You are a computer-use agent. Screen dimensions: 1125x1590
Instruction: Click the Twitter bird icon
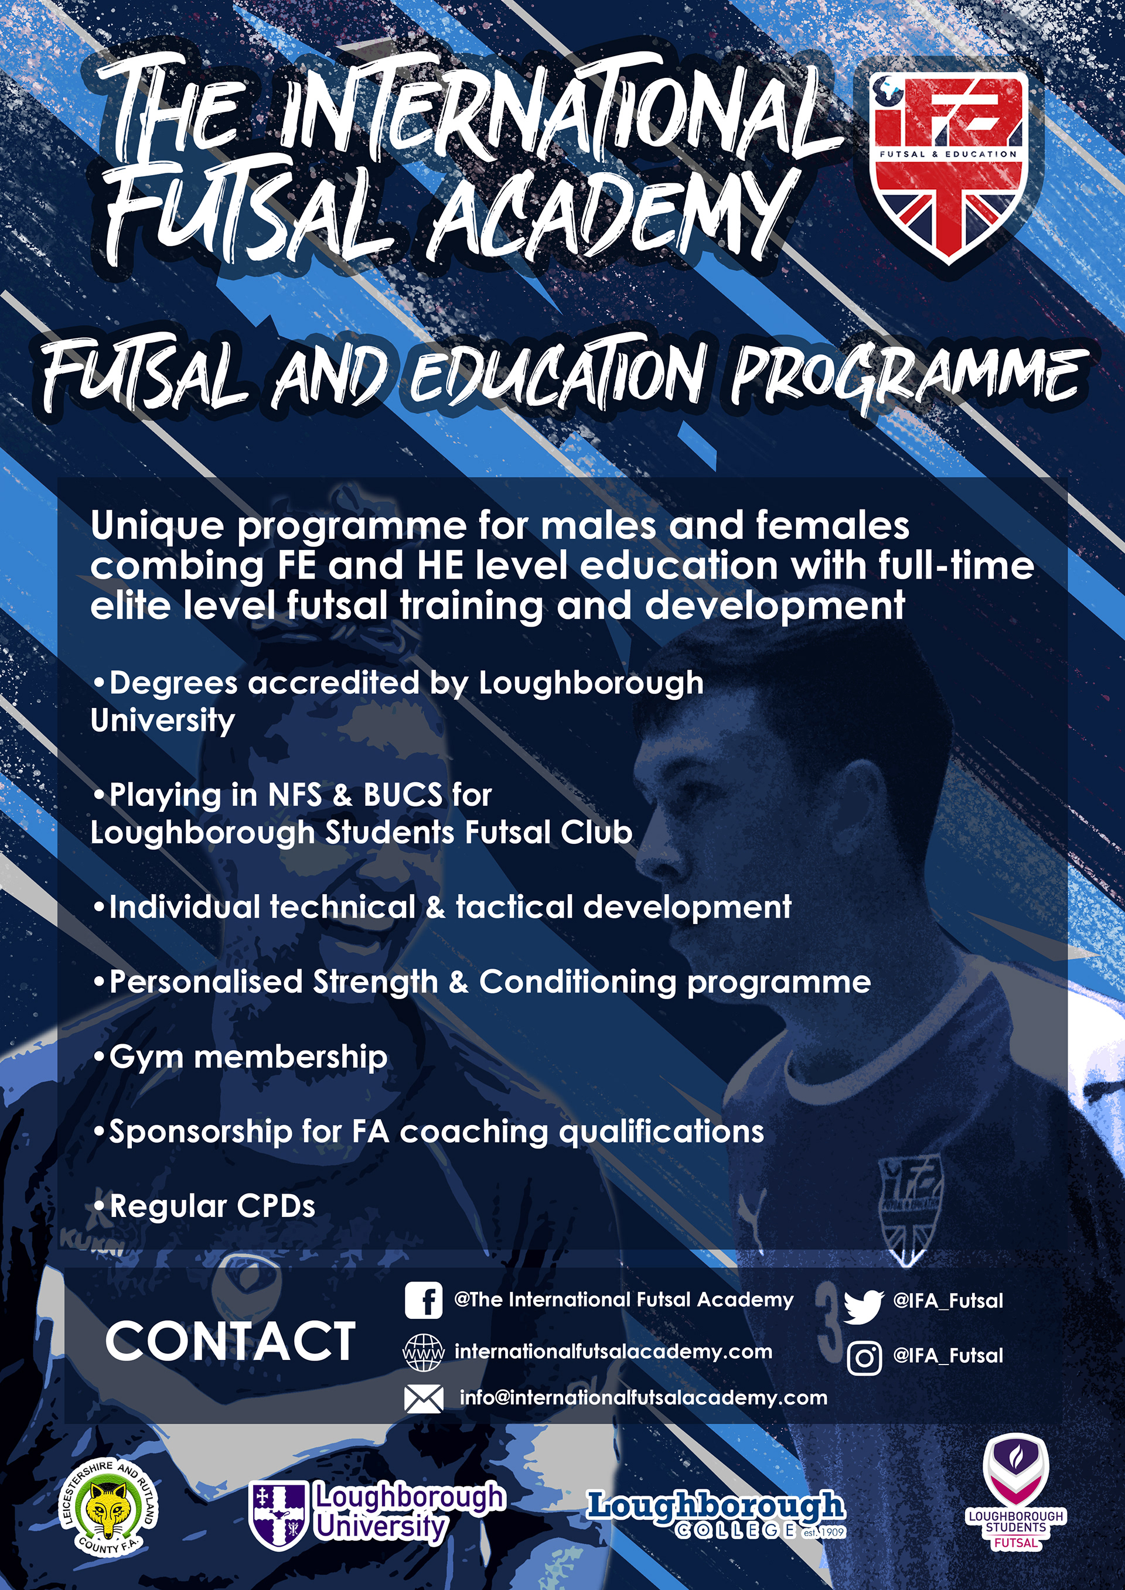tap(863, 1306)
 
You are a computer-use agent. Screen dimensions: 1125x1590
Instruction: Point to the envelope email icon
tap(423, 1399)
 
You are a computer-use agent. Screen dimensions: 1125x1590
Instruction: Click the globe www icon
tap(423, 1352)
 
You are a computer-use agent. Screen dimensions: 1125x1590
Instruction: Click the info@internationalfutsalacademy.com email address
tap(643, 1397)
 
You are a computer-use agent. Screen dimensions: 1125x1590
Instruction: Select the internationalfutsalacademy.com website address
tap(613, 1352)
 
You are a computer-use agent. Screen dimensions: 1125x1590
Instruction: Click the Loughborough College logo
tap(715, 1514)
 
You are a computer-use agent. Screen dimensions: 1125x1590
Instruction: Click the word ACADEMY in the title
tap(609, 211)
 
